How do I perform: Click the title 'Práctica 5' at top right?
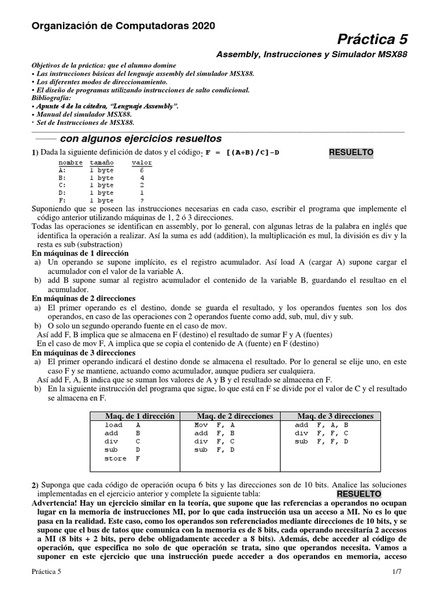[x=373, y=39]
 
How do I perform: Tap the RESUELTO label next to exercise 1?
[x=351, y=153]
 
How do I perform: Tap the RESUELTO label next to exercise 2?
[x=358, y=494]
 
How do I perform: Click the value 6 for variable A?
[x=142, y=171]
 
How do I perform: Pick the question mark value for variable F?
[x=142, y=200]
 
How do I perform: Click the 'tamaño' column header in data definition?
[x=102, y=163]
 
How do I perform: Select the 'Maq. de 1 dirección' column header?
[x=139, y=416]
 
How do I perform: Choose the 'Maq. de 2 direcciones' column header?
[x=235, y=416]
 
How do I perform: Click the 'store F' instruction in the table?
[x=123, y=458]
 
